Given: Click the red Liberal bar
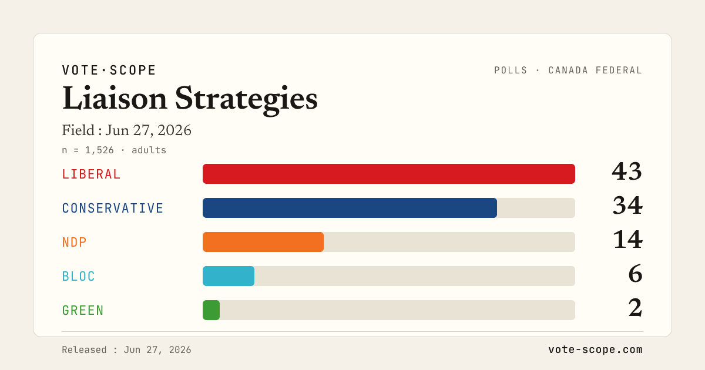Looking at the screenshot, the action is [389, 174].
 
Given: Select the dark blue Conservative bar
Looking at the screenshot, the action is [350, 208].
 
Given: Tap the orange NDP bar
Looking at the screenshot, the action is [263, 242].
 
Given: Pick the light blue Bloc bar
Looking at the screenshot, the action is [229, 276].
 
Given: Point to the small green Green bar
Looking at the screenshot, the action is [211, 310].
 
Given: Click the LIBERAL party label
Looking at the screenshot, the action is [91, 174].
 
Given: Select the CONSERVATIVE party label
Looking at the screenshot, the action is [113, 208].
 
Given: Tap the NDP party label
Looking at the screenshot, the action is [74, 242].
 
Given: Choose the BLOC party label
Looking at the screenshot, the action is [78, 276].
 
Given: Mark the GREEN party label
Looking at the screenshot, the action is [83, 310].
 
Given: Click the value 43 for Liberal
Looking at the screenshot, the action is [627, 171].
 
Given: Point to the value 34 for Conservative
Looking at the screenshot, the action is [627, 206].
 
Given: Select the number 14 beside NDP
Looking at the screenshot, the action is [628, 240].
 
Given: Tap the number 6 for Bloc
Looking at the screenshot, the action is [636, 274].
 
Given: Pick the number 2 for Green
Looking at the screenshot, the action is [636, 308].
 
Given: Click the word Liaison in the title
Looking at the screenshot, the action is [115, 99].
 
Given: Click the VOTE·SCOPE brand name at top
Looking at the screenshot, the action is [109, 70].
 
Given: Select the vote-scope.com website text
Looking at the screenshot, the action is [596, 349].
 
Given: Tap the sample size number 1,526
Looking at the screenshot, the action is [99, 150].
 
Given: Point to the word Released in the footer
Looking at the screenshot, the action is [84, 350].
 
